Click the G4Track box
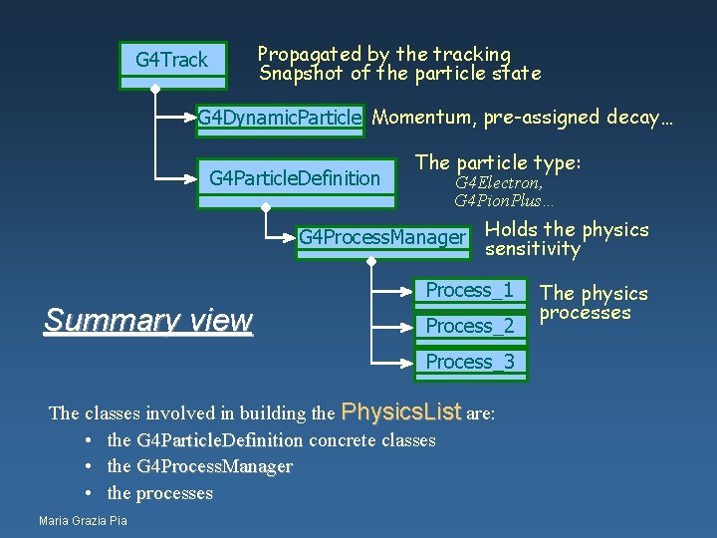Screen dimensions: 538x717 pos(171,61)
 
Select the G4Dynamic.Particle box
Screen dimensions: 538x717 pos(279,119)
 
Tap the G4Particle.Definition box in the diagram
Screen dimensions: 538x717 pos(295,178)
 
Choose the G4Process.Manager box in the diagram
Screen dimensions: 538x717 pos(381,237)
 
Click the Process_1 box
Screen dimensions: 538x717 pos(470,291)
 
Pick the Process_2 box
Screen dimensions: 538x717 pos(470,326)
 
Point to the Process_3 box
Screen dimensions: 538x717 pos(470,362)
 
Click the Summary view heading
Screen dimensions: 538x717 pos(148,320)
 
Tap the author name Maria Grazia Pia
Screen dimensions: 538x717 pos(83,520)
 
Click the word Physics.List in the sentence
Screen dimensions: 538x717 pos(401,411)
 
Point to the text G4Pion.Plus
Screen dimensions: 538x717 pos(504,201)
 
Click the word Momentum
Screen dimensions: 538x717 pos(423,118)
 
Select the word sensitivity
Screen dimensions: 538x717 pos(532,249)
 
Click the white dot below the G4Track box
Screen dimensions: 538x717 pos(154,89)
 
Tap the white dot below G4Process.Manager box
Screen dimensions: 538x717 pos(370,261)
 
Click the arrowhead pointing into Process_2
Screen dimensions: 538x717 pos(409,326)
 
